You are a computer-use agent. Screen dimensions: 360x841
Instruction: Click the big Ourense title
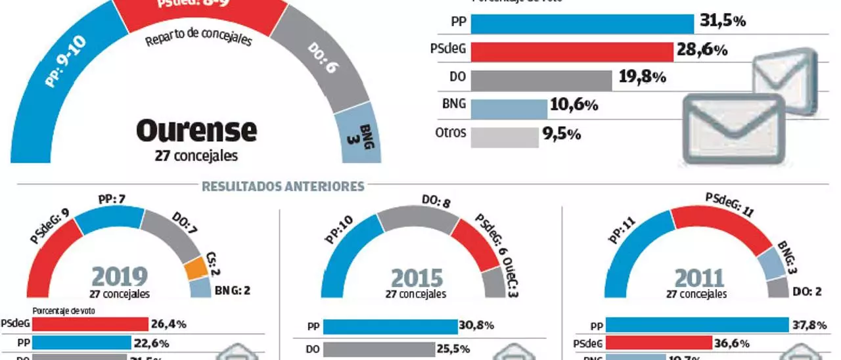click(x=196, y=131)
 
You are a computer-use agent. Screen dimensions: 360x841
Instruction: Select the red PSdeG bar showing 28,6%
click(x=572, y=51)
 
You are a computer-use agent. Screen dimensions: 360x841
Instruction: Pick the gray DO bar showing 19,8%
click(x=541, y=79)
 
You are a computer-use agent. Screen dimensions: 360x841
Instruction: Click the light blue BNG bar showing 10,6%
click(x=509, y=108)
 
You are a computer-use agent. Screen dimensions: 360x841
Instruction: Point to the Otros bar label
click(x=450, y=133)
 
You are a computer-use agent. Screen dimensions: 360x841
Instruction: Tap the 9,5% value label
click(x=561, y=135)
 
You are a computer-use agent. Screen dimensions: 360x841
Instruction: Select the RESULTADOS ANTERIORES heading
click(x=283, y=187)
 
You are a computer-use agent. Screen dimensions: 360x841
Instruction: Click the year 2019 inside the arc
click(x=120, y=277)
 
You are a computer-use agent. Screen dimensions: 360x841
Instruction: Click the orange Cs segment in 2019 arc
click(x=195, y=268)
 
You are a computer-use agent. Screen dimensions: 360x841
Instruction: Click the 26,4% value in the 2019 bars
click(x=170, y=324)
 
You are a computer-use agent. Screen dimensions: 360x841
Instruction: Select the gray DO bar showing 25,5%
click(x=378, y=349)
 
